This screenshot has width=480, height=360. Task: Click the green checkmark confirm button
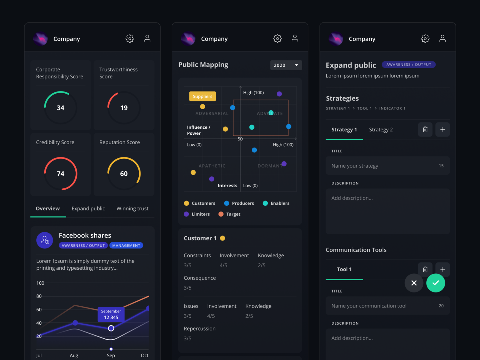(436, 283)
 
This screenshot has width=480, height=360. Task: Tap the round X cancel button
(414, 283)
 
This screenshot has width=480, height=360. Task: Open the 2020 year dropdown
(286, 65)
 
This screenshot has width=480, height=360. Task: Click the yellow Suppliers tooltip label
(202, 96)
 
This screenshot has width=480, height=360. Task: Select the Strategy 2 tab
(381, 130)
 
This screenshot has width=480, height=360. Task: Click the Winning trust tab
(132, 208)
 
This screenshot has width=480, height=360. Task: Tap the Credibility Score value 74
(61, 174)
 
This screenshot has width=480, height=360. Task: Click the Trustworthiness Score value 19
(124, 108)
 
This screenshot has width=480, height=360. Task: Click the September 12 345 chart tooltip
(111, 314)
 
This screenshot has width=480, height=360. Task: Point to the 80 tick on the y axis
(39, 296)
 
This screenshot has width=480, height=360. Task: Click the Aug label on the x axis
(74, 355)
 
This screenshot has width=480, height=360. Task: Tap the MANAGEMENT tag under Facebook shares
(126, 245)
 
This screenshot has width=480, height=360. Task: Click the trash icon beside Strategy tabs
(425, 130)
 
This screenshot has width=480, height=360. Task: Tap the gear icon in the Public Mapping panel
(277, 38)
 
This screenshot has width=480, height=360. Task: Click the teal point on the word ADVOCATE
(271, 113)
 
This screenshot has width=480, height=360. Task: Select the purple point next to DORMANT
(284, 164)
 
